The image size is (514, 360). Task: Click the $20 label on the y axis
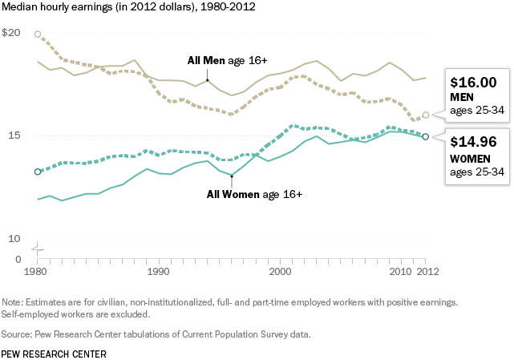(x=11, y=33)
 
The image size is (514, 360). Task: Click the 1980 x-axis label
(x=38, y=273)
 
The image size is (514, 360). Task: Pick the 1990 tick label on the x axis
(x=159, y=273)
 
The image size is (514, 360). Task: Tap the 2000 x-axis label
(x=280, y=273)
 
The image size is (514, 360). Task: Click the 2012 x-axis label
(x=426, y=273)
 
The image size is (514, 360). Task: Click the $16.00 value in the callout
(x=473, y=82)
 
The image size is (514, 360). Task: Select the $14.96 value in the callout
(x=473, y=143)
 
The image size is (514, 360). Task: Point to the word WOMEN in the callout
(x=471, y=158)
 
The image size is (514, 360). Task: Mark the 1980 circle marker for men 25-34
(x=38, y=34)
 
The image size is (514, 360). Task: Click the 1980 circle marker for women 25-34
(x=38, y=172)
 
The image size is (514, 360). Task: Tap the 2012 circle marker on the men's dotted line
(x=426, y=115)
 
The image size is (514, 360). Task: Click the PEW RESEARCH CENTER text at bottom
(x=53, y=352)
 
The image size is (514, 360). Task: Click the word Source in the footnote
(x=19, y=334)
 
